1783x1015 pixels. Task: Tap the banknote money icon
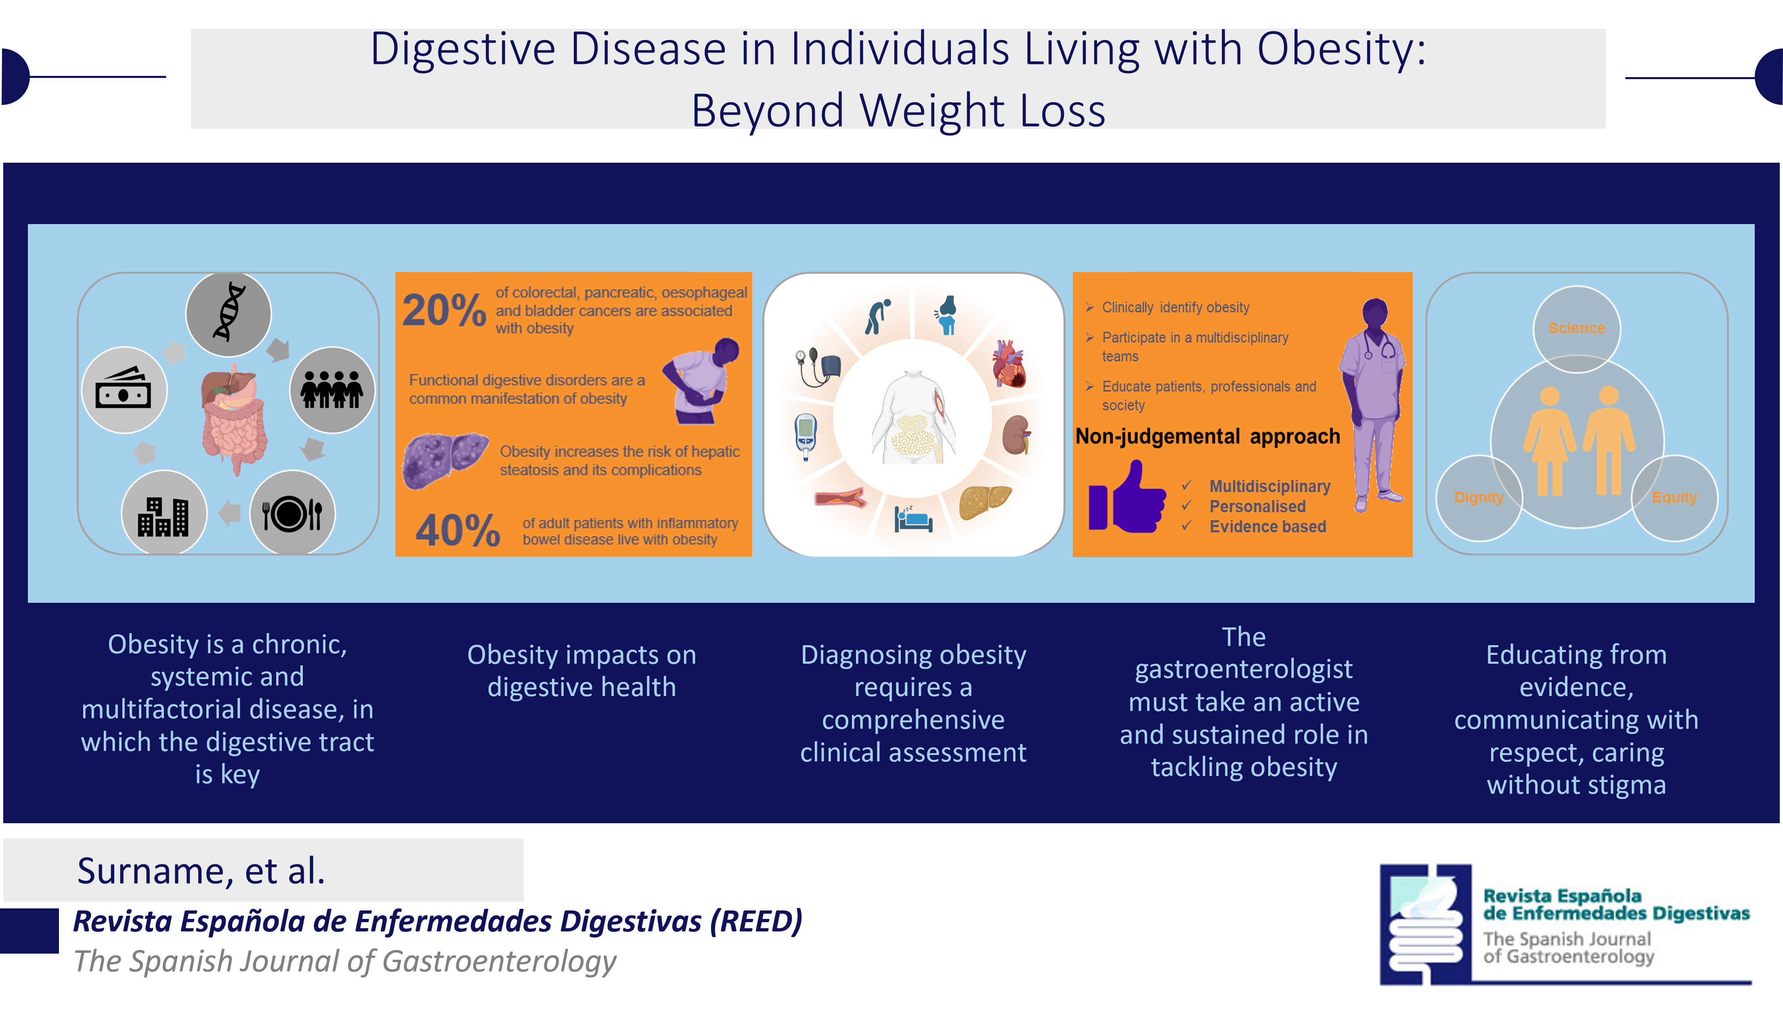[124, 388]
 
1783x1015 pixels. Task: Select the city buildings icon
[163, 516]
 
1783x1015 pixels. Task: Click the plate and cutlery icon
[292, 514]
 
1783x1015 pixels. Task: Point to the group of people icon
[332, 389]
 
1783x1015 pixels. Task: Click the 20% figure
[444, 310]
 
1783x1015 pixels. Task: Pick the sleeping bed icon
[914, 519]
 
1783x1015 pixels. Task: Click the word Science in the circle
[1577, 328]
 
